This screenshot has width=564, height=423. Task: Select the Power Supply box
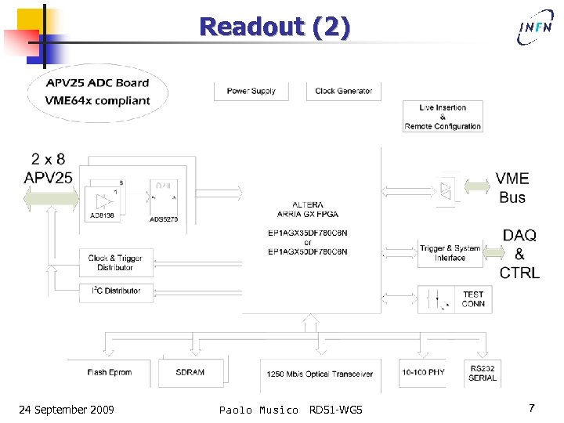point(251,91)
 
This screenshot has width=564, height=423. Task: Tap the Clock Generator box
point(343,91)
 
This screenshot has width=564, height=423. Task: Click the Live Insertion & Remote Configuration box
point(443,117)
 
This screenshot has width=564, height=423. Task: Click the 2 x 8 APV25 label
point(49,168)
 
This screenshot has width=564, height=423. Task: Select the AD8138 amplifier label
point(101,215)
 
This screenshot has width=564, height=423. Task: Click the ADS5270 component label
point(164,219)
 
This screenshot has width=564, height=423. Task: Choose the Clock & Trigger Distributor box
point(110,262)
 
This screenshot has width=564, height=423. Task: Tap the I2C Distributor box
point(110,291)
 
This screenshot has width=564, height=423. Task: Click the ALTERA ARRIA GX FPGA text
point(308,209)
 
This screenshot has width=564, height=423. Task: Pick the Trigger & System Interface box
point(450,253)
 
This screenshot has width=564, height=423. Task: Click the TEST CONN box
point(450,299)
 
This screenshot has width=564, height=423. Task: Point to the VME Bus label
point(512,188)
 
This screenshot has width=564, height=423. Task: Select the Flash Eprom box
point(110,372)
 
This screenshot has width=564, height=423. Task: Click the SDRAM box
point(190,372)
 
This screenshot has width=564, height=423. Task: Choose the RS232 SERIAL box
point(482,373)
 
